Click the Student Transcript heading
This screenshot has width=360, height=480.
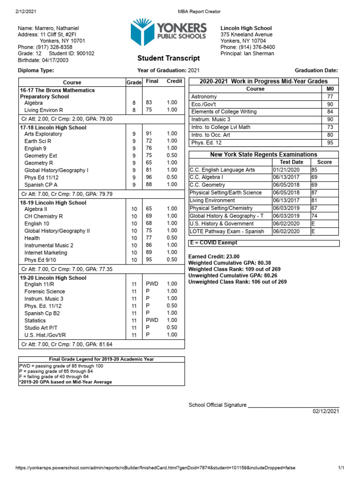[168, 58]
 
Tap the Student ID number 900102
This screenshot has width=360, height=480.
[85, 53]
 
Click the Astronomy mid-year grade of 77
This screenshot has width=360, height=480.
[330, 97]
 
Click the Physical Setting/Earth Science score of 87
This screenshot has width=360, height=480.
[315, 193]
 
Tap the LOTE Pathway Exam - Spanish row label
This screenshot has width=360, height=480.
[227, 231]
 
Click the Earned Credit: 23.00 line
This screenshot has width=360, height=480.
[214, 256]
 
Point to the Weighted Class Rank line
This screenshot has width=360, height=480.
[234, 269]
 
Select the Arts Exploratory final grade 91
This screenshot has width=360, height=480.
[149, 134]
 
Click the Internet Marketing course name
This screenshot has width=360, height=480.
[45, 253]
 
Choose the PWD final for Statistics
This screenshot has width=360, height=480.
[152, 320]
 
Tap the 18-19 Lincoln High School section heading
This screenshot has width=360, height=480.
[53, 202]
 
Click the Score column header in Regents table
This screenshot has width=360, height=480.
[324, 162]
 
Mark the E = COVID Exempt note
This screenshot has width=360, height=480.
[213, 243]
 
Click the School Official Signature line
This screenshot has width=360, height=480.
[264, 405]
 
